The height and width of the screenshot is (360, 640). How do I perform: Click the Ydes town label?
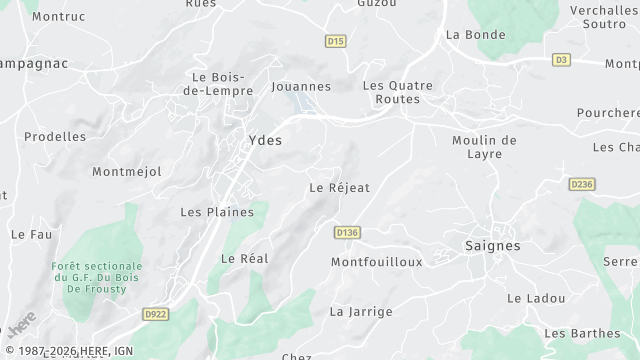pos(265,140)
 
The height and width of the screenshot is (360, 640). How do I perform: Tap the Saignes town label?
pos(493,245)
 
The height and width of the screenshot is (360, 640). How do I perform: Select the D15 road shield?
pos(336,41)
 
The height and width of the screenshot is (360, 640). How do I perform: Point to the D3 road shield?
pos(561,60)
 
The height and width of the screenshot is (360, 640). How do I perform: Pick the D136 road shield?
pos(347,232)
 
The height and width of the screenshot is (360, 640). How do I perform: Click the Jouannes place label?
pos(301,87)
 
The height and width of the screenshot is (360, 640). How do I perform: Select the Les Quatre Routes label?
pos(398,92)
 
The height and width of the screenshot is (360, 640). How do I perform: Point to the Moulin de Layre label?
pos(484,147)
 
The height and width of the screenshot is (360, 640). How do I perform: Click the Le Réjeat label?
pos(340,187)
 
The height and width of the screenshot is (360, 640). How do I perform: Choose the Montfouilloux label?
pos(377,262)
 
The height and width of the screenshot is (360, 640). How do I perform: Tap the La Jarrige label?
pos(361,311)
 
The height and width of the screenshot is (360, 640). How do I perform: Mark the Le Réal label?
pos(245,258)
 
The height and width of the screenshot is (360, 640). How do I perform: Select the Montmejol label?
pos(127,172)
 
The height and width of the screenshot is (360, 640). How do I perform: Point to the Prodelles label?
pos(55,136)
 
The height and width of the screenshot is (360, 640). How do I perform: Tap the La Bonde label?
pos(476,34)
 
